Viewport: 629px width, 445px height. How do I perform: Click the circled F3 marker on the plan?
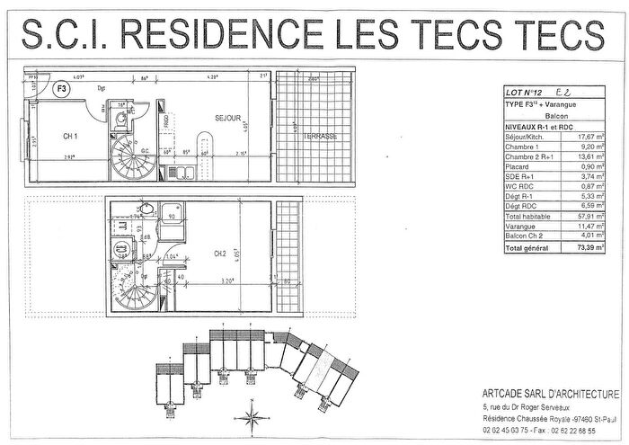tap(62, 89)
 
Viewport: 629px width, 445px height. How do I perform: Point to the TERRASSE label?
tap(319, 137)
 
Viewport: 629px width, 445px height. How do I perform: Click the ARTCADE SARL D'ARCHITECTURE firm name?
tap(548, 395)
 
